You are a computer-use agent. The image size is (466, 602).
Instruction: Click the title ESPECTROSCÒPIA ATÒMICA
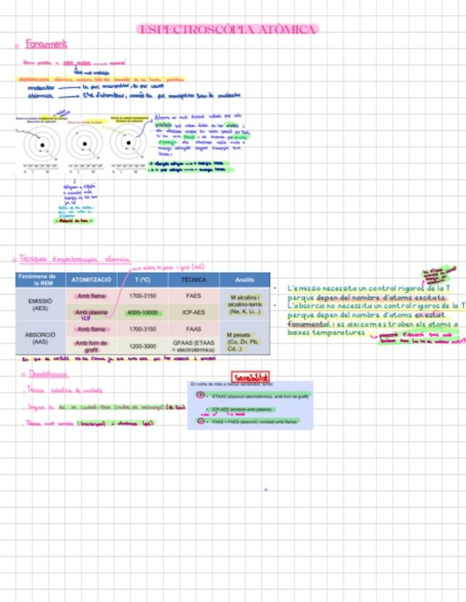227,29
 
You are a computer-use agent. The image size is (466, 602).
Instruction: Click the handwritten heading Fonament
46,44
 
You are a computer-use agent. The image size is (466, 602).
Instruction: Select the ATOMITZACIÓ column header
91,280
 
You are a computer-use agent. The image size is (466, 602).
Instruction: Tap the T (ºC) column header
142,280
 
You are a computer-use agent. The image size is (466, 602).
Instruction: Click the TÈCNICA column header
193,280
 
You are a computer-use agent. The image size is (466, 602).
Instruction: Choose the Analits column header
244,280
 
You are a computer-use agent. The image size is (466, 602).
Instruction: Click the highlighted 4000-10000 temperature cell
142,312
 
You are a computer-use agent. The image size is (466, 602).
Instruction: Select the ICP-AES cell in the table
193,312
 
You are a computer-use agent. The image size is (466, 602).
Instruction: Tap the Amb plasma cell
91,312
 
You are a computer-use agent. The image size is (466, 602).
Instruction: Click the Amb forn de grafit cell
91,346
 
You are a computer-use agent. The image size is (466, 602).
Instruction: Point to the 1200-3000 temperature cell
142,346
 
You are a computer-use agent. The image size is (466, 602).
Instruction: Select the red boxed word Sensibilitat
251,377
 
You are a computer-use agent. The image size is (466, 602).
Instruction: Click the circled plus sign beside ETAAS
200,395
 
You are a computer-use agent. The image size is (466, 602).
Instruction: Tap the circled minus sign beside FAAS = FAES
200,421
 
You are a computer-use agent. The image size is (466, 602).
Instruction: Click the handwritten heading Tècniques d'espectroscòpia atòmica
75,260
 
